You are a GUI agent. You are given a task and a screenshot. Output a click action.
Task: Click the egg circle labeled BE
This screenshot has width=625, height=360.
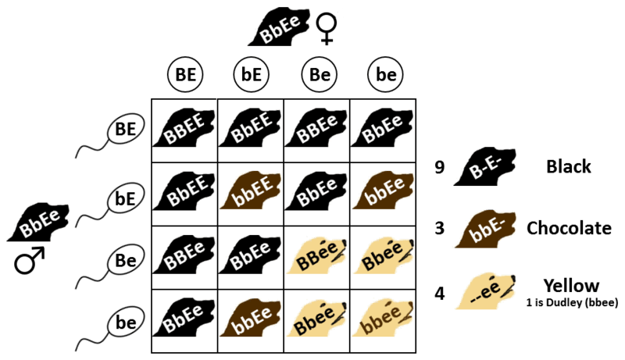(185, 76)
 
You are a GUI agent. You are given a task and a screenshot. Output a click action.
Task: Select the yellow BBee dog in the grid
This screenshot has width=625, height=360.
(316, 257)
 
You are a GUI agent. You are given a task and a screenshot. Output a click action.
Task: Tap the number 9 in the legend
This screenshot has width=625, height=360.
(440, 167)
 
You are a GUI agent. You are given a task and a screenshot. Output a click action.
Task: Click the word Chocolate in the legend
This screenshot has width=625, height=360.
(569, 228)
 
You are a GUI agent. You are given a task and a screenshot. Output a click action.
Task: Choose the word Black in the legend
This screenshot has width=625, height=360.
(568, 166)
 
